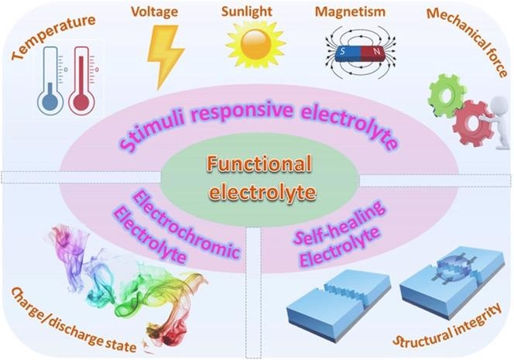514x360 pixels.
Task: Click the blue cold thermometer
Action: point(50,81)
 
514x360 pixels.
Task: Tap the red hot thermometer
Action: point(81,81)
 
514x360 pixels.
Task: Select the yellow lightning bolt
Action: point(166,57)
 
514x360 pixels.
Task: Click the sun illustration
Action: point(255,44)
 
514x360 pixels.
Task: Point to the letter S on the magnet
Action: point(343,51)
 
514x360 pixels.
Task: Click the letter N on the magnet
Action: point(377,52)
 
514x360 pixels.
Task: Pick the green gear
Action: point(447,95)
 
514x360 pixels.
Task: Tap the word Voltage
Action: point(154,12)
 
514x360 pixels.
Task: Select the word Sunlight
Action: point(246,12)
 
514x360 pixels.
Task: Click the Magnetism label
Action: point(350,12)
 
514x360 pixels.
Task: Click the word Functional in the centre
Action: point(259,164)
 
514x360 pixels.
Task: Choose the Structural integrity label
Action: point(447,325)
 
